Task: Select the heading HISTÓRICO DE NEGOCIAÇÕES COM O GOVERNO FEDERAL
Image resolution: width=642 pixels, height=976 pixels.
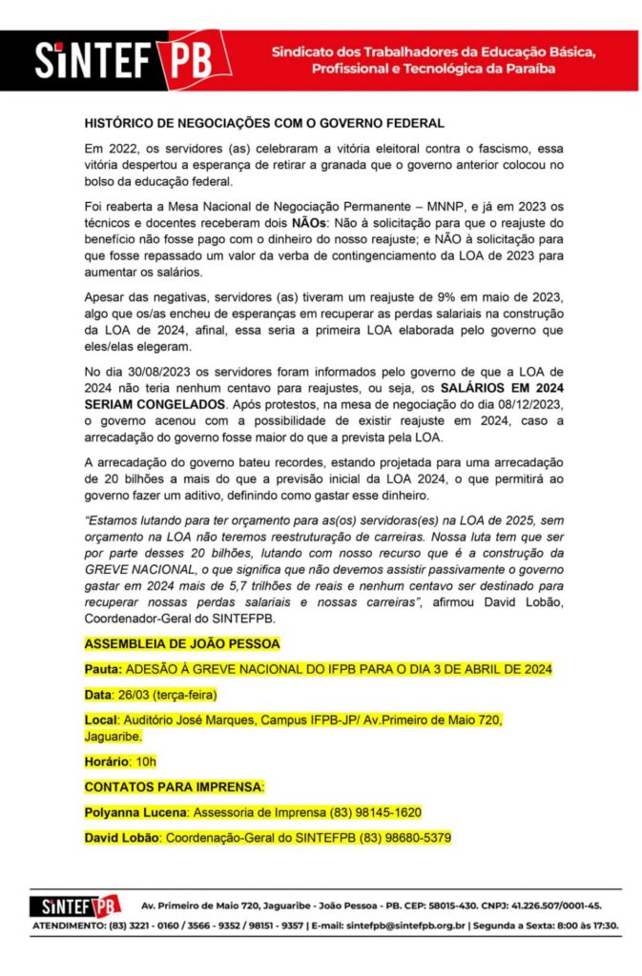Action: (264, 124)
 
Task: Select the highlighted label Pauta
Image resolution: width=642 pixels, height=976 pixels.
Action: (102, 669)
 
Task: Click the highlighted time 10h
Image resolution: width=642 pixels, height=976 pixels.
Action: (145, 762)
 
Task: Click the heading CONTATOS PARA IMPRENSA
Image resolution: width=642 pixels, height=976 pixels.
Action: (174, 786)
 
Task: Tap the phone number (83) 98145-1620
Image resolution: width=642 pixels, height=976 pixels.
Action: (376, 812)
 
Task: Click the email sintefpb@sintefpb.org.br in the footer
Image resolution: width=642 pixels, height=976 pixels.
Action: (410, 925)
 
